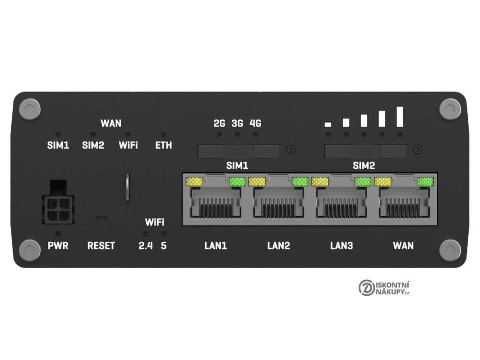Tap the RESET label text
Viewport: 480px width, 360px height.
coord(101,245)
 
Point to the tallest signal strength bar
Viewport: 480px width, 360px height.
coord(400,117)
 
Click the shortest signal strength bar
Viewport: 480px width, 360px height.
coord(328,125)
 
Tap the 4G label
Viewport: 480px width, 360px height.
coord(255,124)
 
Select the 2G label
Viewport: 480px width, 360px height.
coord(219,124)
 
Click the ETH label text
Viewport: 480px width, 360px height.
coord(164,145)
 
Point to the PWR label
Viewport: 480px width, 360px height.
coord(58,245)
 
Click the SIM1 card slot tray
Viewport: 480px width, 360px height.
coord(238,151)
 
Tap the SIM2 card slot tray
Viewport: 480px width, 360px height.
coord(365,151)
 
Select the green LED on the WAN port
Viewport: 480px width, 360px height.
coord(426,181)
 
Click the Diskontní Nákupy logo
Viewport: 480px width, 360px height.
coord(384,287)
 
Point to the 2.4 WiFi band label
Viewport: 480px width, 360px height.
coord(146,245)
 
